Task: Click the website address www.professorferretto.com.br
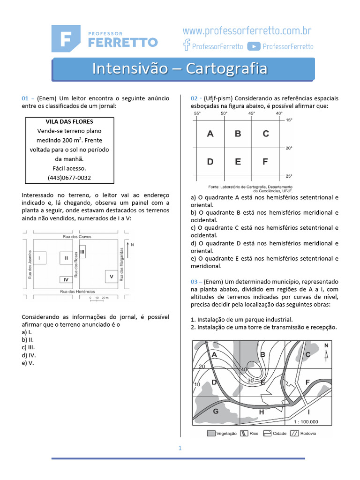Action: (x=247, y=31)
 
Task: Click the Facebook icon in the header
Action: (x=186, y=45)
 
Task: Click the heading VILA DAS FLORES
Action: (x=69, y=122)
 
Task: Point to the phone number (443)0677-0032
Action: (x=69, y=178)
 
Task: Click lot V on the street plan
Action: (x=111, y=277)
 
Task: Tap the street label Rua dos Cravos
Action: (x=77, y=237)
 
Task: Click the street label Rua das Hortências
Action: (x=77, y=292)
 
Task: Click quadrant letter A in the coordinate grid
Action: (x=210, y=134)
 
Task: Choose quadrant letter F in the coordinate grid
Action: (x=265, y=162)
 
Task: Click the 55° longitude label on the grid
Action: (x=197, y=113)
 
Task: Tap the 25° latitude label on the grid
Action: (x=289, y=176)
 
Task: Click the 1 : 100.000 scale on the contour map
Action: (x=306, y=421)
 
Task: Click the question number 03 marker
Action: (x=196, y=281)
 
